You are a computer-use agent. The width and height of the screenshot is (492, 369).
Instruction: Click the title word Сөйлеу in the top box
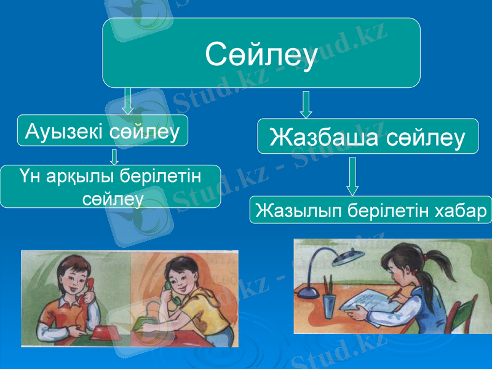pyautogui.click(x=261, y=54)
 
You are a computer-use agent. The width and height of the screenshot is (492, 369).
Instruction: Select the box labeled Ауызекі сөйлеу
pyautogui.click(x=102, y=130)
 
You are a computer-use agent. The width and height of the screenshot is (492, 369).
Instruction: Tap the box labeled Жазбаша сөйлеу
pyautogui.click(x=367, y=137)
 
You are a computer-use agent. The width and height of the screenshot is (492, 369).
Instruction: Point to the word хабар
pyautogui.click(x=461, y=210)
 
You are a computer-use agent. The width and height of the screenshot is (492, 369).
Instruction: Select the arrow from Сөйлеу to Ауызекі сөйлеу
pyautogui.click(x=128, y=101)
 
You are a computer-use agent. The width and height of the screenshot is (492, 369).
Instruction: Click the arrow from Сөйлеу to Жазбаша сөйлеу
pyautogui.click(x=306, y=105)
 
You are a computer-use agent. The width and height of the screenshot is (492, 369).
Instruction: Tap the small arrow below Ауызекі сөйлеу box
pyautogui.click(x=114, y=157)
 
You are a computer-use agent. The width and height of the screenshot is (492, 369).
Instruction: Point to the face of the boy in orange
pyautogui.click(x=73, y=277)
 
